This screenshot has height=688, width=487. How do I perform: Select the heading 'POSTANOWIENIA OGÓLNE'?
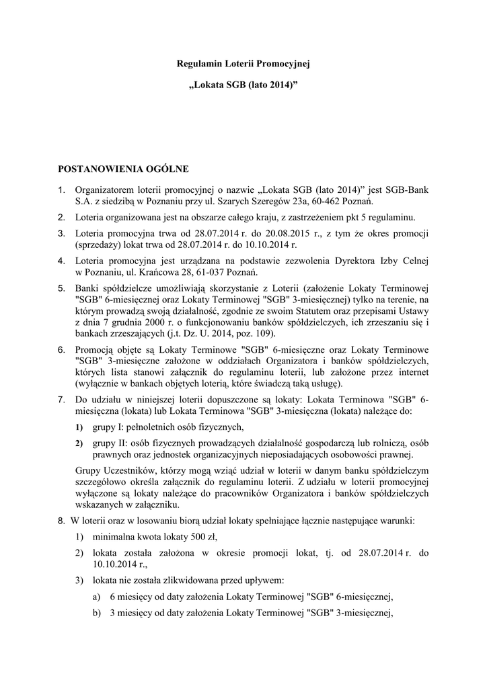pos(126,168)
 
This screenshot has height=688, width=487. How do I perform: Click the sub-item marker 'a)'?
pos(97,596)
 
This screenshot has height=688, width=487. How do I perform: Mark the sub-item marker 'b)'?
pos(97,612)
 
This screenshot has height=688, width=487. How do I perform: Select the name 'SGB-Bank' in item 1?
pos(406,190)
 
